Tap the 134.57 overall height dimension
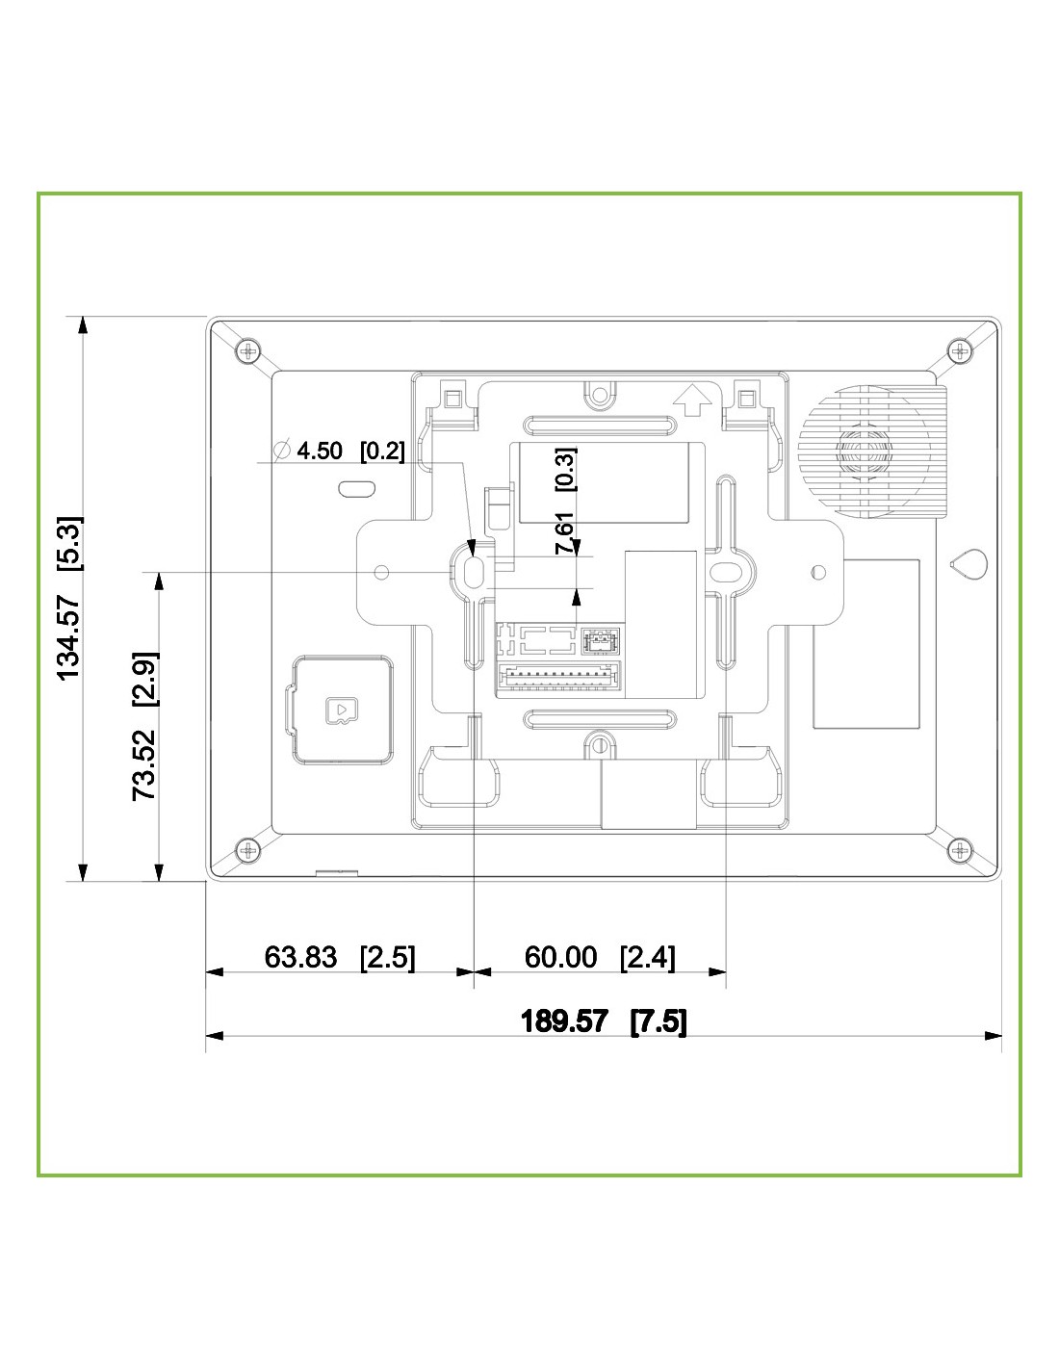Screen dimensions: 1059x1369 pos(69,598)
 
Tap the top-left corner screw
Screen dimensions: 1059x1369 pos(247,350)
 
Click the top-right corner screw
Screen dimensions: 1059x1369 pos(960,350)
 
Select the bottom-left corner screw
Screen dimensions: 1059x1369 pos(247,850)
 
